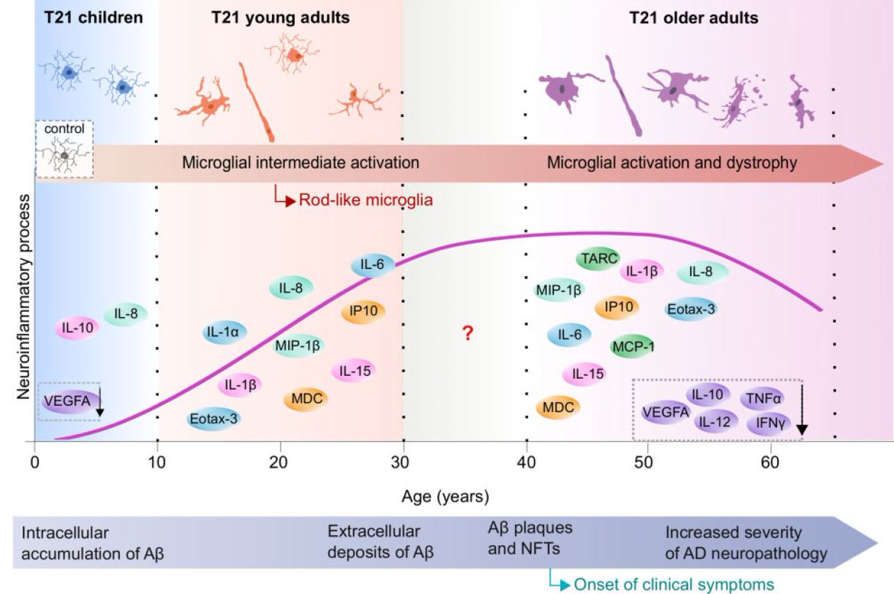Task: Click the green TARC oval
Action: (600, 259)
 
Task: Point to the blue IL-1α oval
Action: (224, 332)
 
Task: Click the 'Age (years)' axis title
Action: (445, 495)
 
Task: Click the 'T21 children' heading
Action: (92, 16)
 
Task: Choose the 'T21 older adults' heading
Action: (694, 16)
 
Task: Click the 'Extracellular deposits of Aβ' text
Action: (380, 543)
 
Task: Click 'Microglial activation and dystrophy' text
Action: (671, 163)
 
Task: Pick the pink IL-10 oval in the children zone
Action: (78, 327)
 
